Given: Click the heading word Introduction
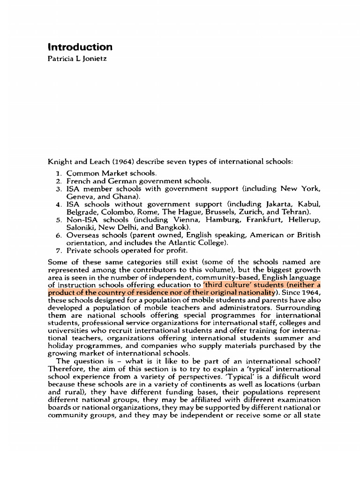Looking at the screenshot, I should point(80,47).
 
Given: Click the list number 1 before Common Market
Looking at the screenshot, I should point(59,173).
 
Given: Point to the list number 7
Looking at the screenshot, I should point(59,250).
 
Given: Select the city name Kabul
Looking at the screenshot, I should point(309,204).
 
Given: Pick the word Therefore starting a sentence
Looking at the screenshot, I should point(66,369).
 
